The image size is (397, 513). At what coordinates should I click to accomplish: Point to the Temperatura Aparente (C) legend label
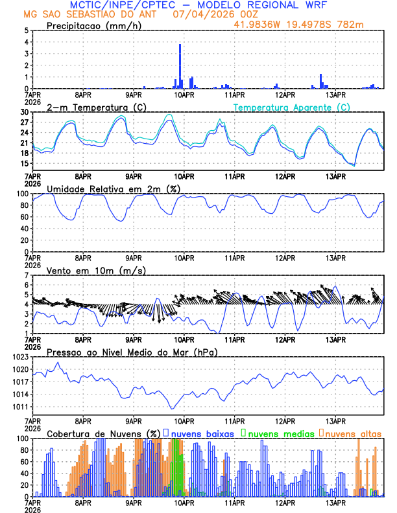coord(292,107)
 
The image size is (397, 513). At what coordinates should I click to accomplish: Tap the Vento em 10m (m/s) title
coord(96,270)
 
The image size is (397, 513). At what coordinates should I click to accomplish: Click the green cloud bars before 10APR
coord(174,466)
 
